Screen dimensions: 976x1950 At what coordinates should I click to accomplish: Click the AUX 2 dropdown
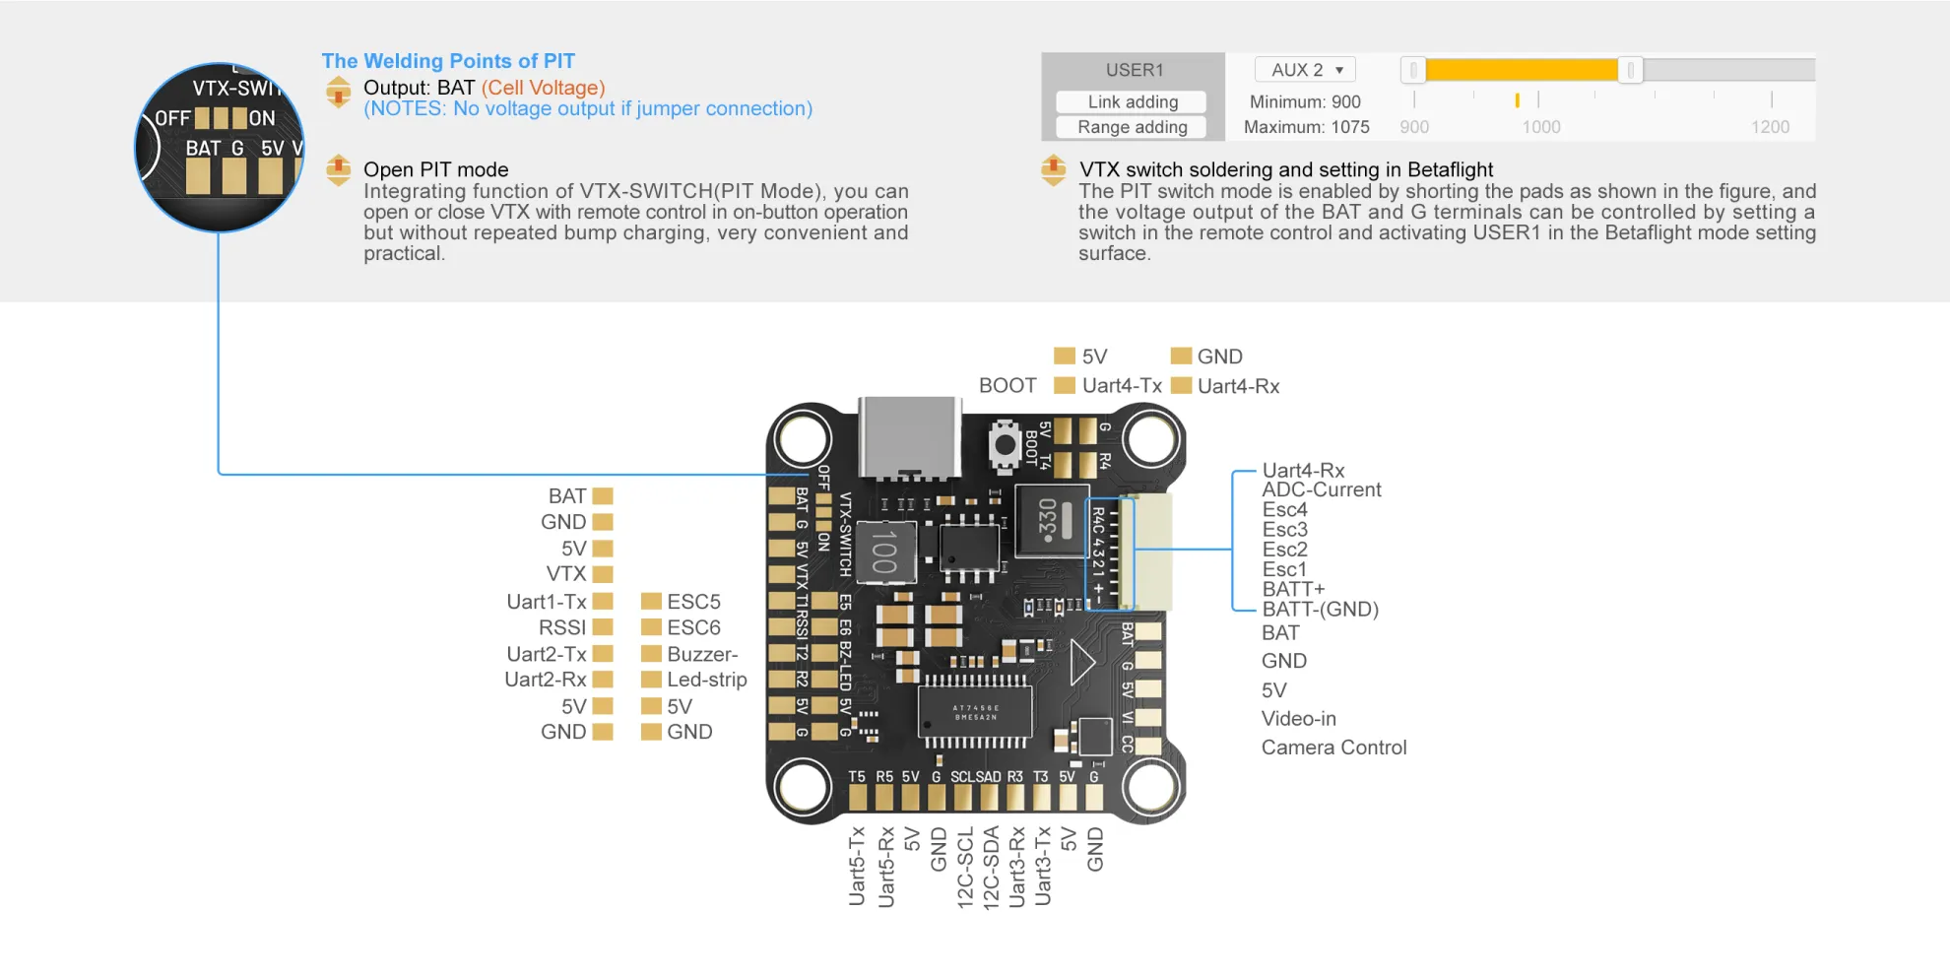point(1305,70)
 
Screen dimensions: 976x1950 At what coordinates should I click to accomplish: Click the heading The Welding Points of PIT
point(448,61)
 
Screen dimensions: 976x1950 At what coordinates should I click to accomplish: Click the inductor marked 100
point(883,552)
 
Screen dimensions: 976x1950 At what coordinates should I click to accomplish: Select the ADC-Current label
point(1321,489)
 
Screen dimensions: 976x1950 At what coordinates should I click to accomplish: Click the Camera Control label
point(1333,748)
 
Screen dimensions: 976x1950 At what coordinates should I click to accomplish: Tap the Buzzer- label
point(701,654)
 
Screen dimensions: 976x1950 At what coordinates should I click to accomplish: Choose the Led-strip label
point(706,680)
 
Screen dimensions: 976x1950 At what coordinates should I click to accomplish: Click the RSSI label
point(561,627)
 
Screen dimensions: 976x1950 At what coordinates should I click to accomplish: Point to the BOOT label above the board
point(1007,386)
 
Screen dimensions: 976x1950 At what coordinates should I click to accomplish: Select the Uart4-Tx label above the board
point(1121,386)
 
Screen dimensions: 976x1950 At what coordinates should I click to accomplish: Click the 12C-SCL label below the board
point(965,868)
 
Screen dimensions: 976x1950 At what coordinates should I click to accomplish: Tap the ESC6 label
point(693,627)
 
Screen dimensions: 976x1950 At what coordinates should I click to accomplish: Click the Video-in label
point(1298,719)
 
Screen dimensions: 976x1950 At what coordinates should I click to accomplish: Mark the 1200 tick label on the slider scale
point(1770,127)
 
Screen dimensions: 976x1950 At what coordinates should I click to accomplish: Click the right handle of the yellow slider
point(1630,70)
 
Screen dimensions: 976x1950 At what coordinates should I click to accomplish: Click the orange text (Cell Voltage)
point(543,88)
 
